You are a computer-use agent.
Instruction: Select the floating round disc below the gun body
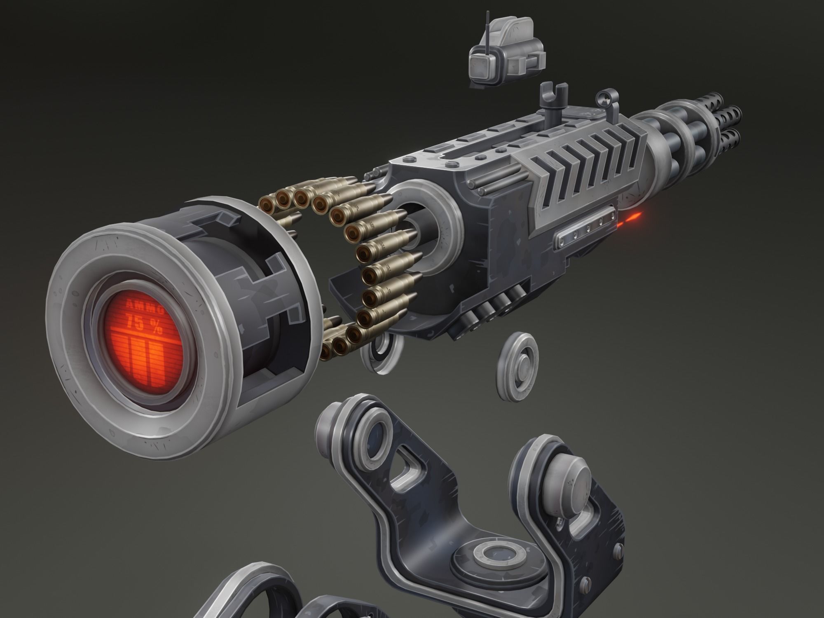click(518, 367)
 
